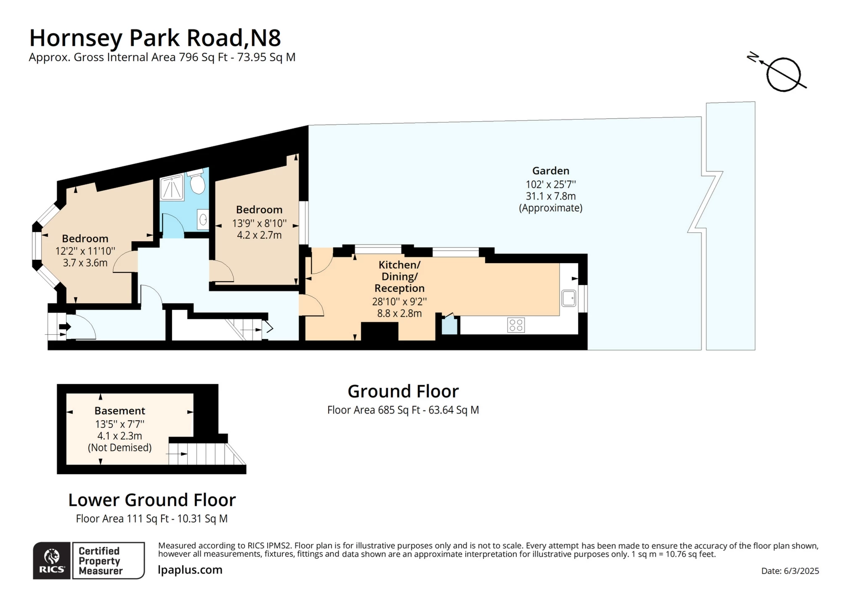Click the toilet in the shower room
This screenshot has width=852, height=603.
point(197,182)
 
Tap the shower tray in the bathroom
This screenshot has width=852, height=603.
point(172,188)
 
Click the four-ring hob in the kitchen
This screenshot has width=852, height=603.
point(516,325)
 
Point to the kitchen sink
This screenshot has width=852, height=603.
point(568,299)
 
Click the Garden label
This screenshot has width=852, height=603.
point(550,171)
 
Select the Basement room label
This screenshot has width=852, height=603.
point(119,411)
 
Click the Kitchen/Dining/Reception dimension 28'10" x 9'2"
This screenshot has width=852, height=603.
point(399,301)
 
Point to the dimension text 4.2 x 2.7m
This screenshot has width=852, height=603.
point(259,235)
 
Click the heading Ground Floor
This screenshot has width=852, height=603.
point(403,391)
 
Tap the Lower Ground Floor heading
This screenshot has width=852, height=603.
point(152,500)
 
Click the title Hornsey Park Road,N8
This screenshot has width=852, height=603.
point(155,38)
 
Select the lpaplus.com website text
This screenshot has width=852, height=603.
point(190,570)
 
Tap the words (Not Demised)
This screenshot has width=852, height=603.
point(119,448)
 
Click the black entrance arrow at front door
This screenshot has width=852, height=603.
point(65,327)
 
